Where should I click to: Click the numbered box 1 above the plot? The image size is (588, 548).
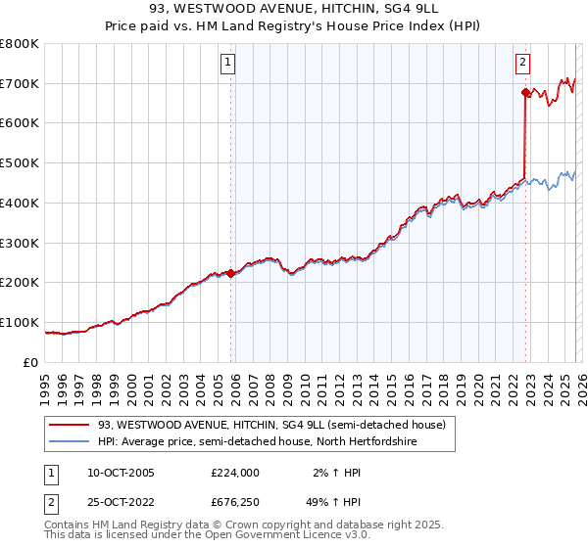click(x=228, y=63)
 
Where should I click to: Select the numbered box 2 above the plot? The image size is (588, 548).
click(x=522, y=63)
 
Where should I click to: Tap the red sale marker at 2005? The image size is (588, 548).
click(x=231, y=273)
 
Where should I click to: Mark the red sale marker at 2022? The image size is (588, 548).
click(x=525, y=93)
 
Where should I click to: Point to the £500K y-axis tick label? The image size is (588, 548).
click(x=20, y=163)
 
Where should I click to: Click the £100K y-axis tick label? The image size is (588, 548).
click(x=20, y=322)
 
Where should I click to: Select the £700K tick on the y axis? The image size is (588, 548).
click(x=20, y=84)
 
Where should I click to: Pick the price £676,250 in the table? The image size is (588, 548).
click(x=234, y=503)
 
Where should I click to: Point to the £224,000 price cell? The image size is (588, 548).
click(x=234, y=472)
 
